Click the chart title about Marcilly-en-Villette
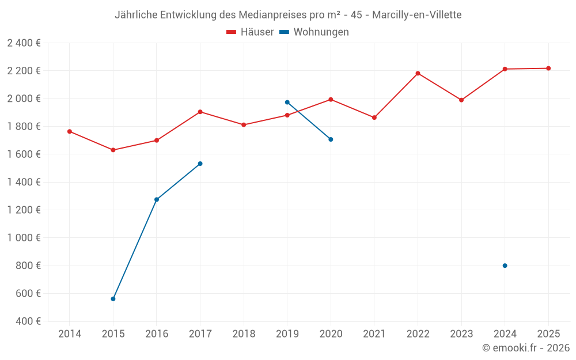click(288, 15)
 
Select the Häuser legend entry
click(250, 32)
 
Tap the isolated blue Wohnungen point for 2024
click(505, 266)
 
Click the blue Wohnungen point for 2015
click(113, 299)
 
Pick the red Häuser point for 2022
click(418, 73)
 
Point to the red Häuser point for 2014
click(70, 131)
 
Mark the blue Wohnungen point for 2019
click(287, 103)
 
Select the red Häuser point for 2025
click(548, 69)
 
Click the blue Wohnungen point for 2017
click(200, 164)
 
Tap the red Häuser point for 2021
click(374, 118)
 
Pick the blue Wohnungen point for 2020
click(331, 139)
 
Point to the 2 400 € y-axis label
click(24, 43)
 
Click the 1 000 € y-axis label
click(24, 238)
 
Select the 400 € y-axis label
click(28, 321)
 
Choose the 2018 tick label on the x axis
click(244, 334)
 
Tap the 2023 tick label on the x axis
click(461, 334)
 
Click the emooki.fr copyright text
click(525, 348)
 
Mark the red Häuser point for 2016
click(157, 141)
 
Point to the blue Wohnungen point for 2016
click(157, 199)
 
